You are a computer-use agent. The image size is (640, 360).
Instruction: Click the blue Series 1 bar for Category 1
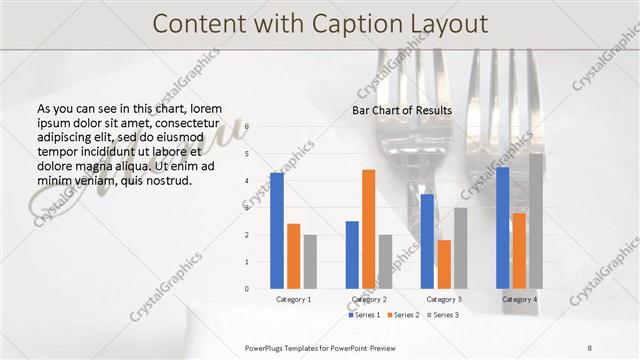point(277,231)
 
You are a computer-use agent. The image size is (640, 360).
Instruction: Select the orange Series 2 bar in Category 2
point(368,229)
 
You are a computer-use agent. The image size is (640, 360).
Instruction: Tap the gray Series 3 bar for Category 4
point(536,221)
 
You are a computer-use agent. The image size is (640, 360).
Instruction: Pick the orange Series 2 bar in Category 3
point(443,264)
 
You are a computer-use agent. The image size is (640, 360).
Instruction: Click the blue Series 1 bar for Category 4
point(502,228)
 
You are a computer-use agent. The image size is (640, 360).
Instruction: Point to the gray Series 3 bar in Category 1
point(310,262)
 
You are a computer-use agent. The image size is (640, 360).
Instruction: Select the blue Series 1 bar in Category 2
point(352,255)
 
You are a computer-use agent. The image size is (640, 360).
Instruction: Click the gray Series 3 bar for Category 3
point(460,248)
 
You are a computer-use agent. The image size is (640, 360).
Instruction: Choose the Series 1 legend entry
point(365,315)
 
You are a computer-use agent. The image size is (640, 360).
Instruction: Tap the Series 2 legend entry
point(402,315)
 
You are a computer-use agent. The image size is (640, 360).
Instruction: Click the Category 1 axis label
point(293,299)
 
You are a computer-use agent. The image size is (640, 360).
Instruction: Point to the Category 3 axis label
point(444,299)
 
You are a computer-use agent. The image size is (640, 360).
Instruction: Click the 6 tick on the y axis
point(247,127)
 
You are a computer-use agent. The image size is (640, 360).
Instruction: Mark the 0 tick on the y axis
point(247,289)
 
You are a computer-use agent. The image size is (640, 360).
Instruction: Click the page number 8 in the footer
point(589,348)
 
